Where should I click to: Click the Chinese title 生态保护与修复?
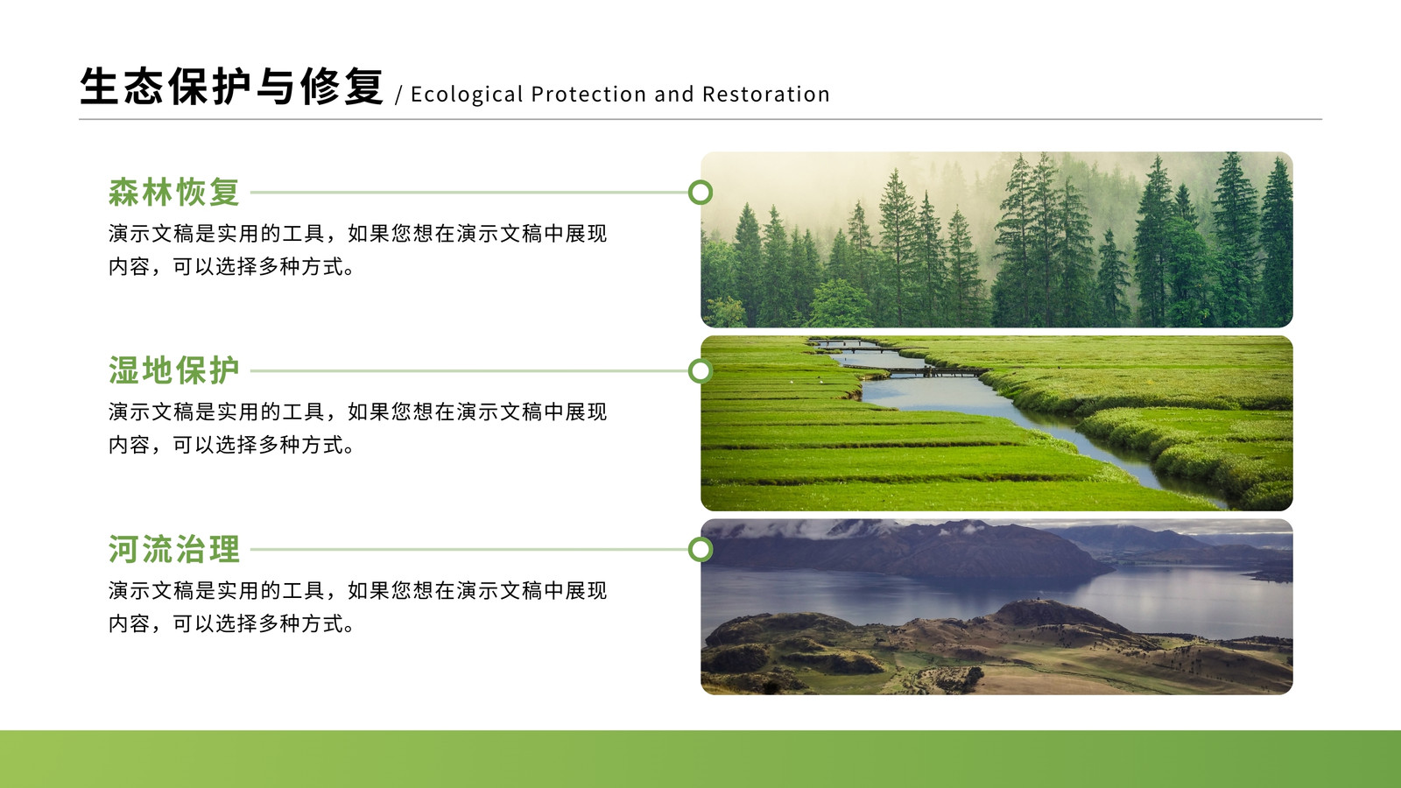pyautogui.click(x=231, y=86)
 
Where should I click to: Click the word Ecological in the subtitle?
pyautogui.click(x=467, y=95)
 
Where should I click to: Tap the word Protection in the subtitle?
pyautogui.click(x=588, y=94)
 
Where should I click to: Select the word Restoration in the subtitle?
pyautogui.click(x=766, y=94)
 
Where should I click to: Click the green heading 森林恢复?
pyautogui.click(x=174, y=192)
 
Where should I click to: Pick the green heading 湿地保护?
pyautogui.click(x=174, y=370)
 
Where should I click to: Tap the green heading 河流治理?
pyautogui.click(x=174, y=549)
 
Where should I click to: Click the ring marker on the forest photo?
pyautogui.click(x=700, y=180)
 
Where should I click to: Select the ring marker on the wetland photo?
pyautogui.click(x=700, y=358)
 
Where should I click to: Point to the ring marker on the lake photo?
pyautogui.click(x=700, y=538)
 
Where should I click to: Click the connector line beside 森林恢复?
pyautogui.click(x=469, y=193)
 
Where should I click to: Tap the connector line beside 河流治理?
pyautogui.click(x=469, y=550)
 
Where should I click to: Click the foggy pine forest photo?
pyautogui.click(x=996, y=240)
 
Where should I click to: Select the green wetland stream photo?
pyautogui.click(x=996, y=424)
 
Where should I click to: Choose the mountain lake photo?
pyautogui.click(x=996, y=607)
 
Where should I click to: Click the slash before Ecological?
pyautogui.click(x=399, y=95)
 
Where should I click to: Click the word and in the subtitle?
pyautogui.click(x=674, y=94)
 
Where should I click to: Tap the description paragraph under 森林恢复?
pyautogui.click(x=358, y=250)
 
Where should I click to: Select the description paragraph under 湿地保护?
pyautogui.click(x=358, y=428)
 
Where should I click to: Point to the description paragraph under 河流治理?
pyautogui.click(x=358, y=608)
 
